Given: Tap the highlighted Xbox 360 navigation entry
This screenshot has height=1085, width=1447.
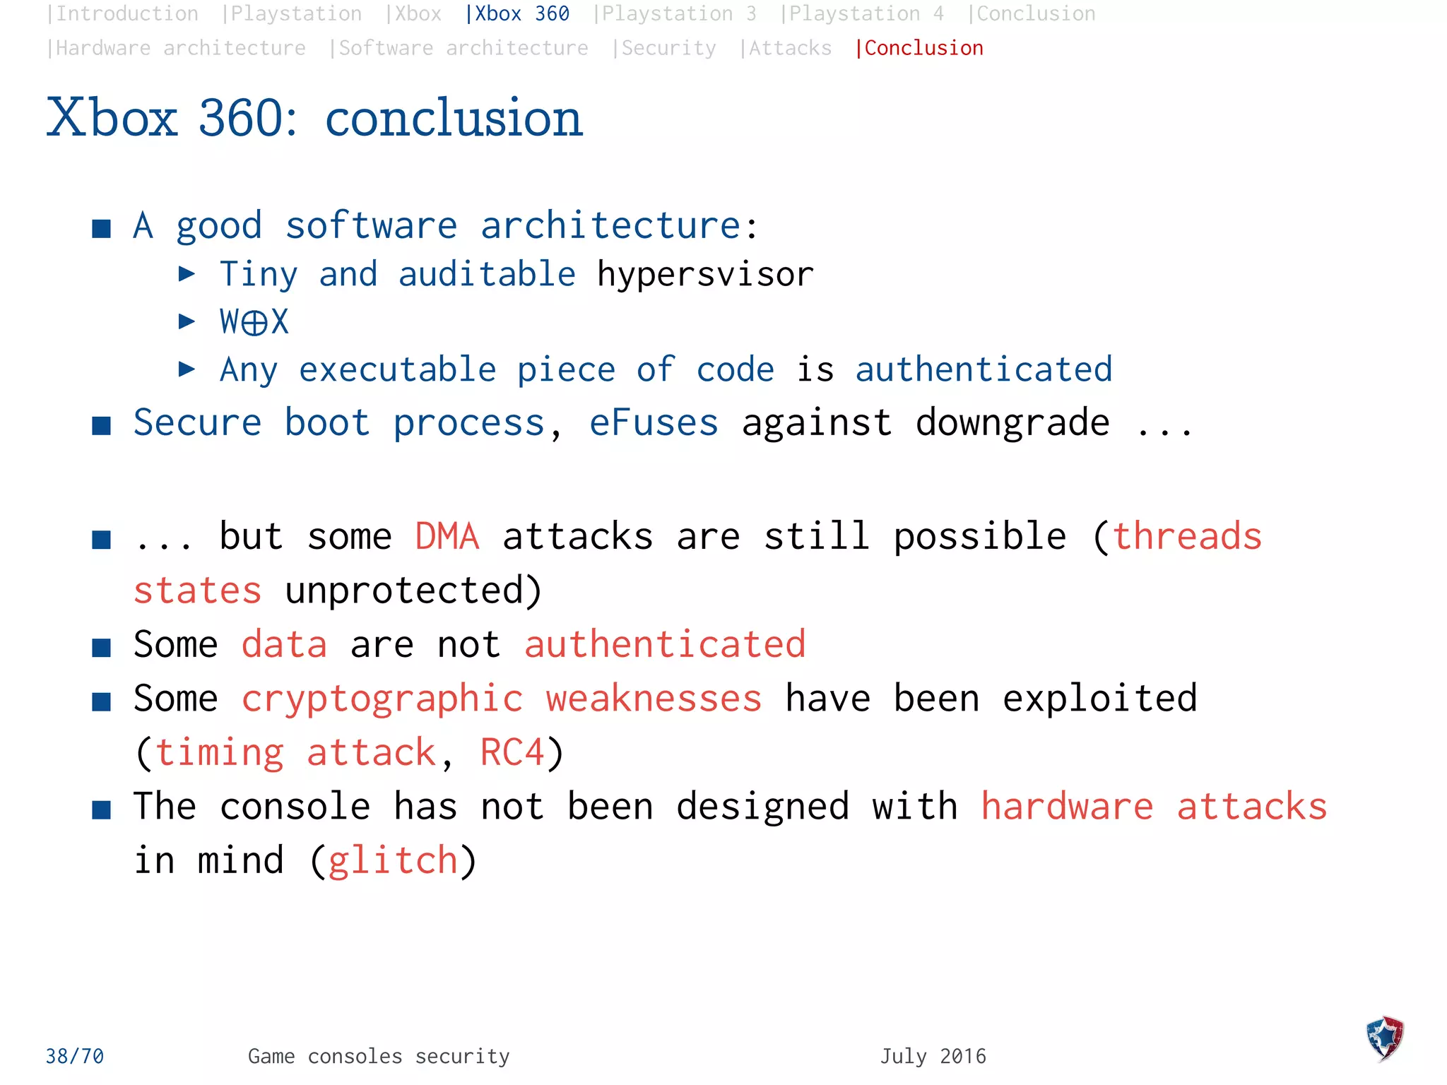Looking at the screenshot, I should coord(518,14).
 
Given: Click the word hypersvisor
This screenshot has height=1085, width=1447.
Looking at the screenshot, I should coord(705,274).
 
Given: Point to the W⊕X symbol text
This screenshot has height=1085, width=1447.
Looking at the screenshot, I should coord(254,322).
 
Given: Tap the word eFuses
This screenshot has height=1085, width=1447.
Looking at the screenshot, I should coord(654,422).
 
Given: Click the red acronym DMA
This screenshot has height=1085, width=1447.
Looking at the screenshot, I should coord(447,536).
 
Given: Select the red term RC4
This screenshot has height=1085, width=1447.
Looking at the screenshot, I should coord(512,752).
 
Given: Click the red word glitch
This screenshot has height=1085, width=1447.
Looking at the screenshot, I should coord(394,860).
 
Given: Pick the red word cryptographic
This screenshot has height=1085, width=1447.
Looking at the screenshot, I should coord(382,699).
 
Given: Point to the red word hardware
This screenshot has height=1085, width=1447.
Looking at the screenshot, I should coord(1067,807).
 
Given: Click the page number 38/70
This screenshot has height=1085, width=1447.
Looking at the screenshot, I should coord(75,1056).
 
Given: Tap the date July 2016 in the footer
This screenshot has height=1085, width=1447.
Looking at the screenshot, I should coord(933,1056).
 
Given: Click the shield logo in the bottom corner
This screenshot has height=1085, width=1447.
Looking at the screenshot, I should coord(1384,1038).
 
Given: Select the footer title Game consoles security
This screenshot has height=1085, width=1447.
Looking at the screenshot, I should coord(379,1056).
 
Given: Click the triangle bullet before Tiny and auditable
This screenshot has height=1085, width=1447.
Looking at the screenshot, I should coord(187,273).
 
